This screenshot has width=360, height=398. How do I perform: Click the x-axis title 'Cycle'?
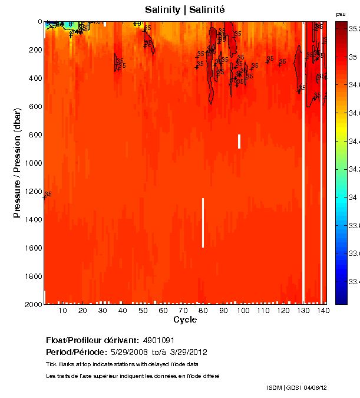[185, 320]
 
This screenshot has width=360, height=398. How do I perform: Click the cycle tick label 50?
[143, 310]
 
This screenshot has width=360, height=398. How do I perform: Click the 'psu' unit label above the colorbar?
[341, 14]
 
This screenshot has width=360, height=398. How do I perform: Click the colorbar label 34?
[352, 198]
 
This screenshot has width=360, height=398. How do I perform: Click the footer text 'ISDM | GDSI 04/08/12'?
[296, 387]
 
